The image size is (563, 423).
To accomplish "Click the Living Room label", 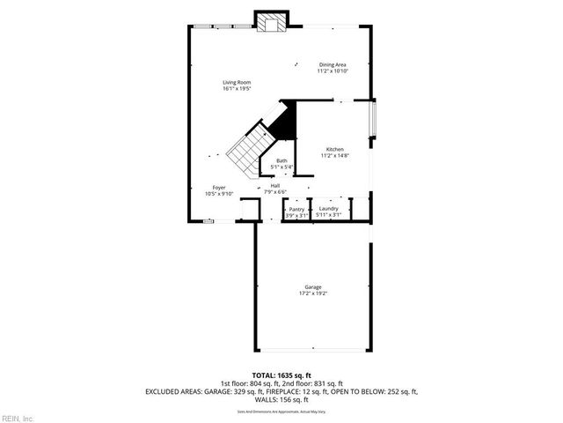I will tap(237, 82).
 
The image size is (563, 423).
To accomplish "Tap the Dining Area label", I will tap(333, 64).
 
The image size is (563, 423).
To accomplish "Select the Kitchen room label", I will tap(334, 149).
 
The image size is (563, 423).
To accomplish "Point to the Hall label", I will tap(275, 185).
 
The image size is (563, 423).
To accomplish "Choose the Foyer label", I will tap(220, 187).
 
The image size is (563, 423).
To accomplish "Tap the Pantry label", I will tap(296, 209).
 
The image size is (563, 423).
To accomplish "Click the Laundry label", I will tap(328, 209).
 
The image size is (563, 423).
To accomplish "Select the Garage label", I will tap(312, 287).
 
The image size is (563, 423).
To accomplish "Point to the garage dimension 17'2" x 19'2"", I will tap(312, 293).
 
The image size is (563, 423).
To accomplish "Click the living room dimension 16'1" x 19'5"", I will tap(237, 88).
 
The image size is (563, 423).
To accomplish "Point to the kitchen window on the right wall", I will tap(373, 121).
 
